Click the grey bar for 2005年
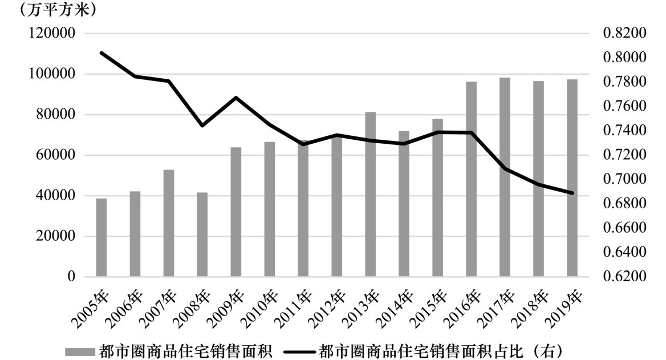coord(101,237)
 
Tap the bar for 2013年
coord(371,194)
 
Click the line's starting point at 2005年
coord(101,53)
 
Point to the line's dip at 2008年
coord(202,126)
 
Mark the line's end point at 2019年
coord(572,193)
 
